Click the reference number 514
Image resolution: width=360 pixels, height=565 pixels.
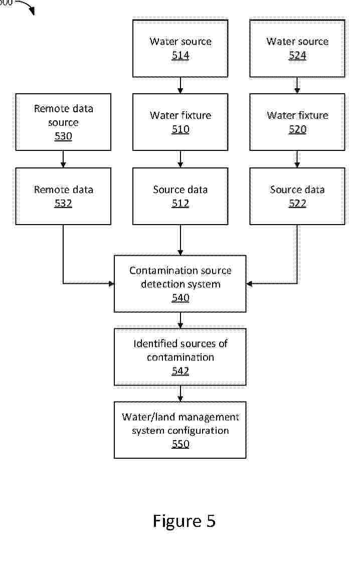click(180, 56)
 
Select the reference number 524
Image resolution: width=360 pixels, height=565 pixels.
click(297, 56)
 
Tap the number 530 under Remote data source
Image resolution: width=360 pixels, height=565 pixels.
click(63, 136)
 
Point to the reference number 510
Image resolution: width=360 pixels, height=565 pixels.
click(180, 129)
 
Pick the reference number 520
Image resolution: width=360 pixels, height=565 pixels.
click(297, 129)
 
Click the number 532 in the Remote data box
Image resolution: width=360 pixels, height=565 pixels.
click(63, 204)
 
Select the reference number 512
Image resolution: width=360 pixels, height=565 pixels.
click(180, 204)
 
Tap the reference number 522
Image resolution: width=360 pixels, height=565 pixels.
click(297, 204)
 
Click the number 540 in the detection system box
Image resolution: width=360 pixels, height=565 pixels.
click(180, 298)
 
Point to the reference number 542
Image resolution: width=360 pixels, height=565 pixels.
click(180, 371)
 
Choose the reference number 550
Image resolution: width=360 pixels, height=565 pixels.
click(180, 444)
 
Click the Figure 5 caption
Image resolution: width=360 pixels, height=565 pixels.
click(184, 521)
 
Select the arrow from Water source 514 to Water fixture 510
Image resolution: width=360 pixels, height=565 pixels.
click(180, 85)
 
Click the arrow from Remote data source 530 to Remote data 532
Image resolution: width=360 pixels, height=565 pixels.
click(63, 159)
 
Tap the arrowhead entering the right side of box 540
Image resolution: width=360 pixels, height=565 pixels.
click(249, 284)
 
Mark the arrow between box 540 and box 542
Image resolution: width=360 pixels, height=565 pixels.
click(180, 320)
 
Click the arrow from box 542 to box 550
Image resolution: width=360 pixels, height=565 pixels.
click(180, 394)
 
